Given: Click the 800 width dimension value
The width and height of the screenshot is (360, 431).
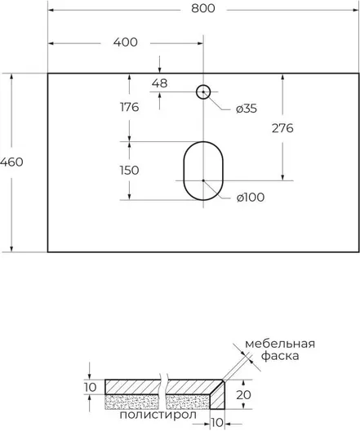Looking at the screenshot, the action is tap(203, 9).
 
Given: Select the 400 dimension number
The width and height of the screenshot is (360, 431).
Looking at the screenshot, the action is tap(126, 42).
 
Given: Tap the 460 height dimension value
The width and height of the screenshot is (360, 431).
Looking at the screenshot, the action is tap(11, 162).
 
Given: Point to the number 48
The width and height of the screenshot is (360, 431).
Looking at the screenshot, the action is tap(160, 83).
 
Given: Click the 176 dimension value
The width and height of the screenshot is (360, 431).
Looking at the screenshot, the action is tap(130, 107).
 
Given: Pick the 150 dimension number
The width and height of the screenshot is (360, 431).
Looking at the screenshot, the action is tap(130, 171).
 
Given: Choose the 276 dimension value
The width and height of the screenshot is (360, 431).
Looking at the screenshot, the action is tap(282, 128).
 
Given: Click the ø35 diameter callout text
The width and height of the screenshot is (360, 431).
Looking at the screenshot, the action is tap(247, 109).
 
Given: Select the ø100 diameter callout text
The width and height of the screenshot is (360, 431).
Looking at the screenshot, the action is tap(251, 198).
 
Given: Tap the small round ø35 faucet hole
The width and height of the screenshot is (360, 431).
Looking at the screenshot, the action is tap(203, 85).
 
